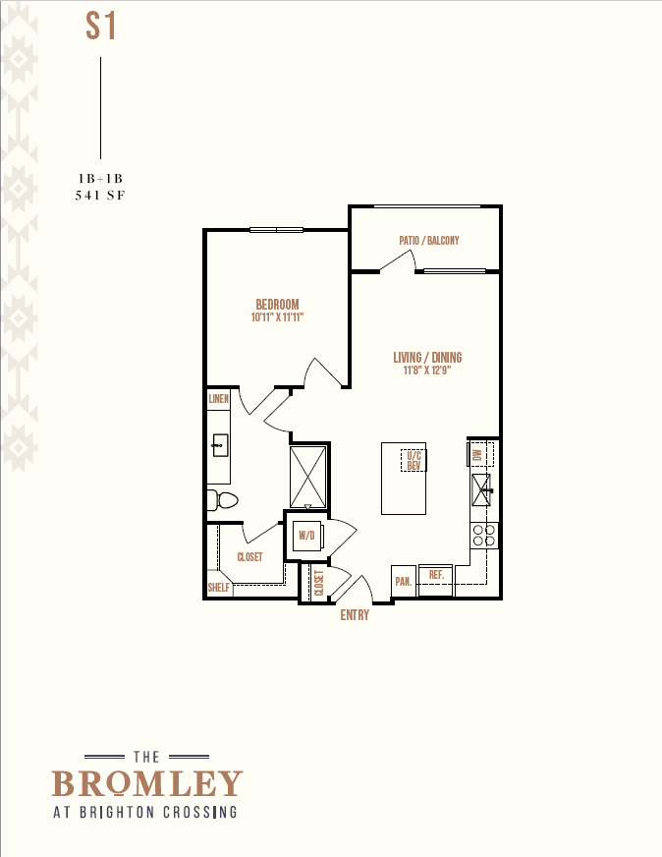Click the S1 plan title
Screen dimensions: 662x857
pyautogui.click(x=101, y=27)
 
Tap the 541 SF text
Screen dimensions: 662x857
pyautogui.click(x=100, y=196)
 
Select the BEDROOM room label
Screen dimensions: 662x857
pyautogui.click(x=278, y=305)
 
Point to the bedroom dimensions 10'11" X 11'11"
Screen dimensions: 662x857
pyautogui.click(x=278, y=317)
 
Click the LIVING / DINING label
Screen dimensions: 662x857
pyautogui.click(x=427, y=358)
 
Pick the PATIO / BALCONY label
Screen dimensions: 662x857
pyautogui.click(x=429, y=241)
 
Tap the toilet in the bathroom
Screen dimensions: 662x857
pyautogui.click(x=223, y=500)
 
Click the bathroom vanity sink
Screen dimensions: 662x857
pyautogui.click(x=220, y=445)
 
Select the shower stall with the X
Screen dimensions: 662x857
pyautogui.click(x=308, y=477)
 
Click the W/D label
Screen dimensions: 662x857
pyautogui.click(x=307, y=535)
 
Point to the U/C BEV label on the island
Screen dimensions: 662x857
pyautogui.click(x=414, y=460)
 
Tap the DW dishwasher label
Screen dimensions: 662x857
pyautogui.click(x=476, y=455)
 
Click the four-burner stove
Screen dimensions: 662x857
pyautogui.click(x=484, y=535)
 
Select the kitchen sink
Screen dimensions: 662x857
pyautogui.click(x=481, y=489)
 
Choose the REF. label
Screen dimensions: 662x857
pyautogui.click(x=436, y=575)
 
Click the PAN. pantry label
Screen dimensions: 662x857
pyautogui.click(x=404, y=582)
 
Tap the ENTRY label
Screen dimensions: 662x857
pyautogui.click(x=355, y=615)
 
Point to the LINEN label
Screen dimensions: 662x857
pyautogui.click(x=218, y=399)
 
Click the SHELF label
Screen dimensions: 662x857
pyautogui.click(x=218, y=588)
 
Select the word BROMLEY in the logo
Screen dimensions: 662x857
pyautogui.click(x=147, y=783)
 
